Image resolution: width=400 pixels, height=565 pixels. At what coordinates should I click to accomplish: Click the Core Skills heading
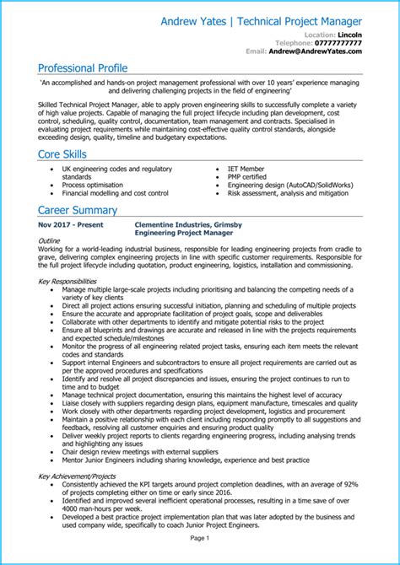point(68,155)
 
